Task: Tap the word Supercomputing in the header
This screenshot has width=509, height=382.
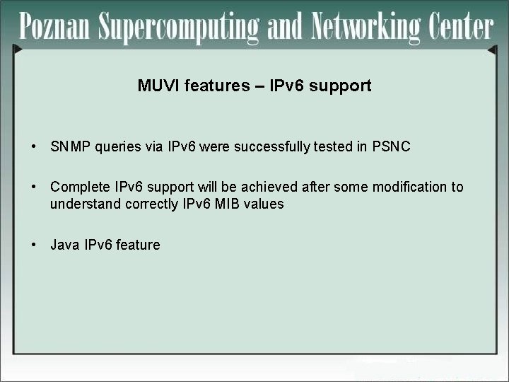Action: coord(180,28)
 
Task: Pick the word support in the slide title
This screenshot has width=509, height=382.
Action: coord(341,87)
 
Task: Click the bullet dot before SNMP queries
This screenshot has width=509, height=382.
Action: coord(33,147)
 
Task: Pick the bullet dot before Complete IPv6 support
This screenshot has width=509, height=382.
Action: coord(33,187)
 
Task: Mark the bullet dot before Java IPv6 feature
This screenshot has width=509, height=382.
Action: coord(33,245)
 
